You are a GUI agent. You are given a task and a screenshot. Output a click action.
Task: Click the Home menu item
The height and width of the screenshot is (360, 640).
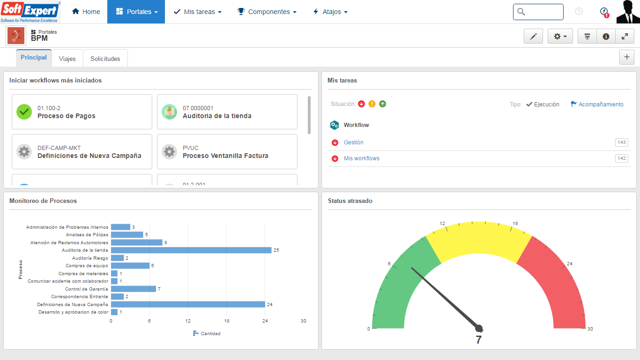pyautogui.click(x=86, y=12)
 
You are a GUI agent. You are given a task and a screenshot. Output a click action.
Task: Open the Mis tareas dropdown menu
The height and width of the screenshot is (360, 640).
pyautogui.click(x=197, y=12)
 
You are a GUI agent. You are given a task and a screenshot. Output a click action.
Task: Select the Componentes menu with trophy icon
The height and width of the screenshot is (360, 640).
pyautogui.click(x=267, y=12)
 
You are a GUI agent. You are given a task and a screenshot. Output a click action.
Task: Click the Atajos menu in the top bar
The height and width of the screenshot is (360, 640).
pyautogui.click(x=330, y=12)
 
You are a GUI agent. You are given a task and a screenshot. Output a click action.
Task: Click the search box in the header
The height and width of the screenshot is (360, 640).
pyautogui.click(x=538, y=12)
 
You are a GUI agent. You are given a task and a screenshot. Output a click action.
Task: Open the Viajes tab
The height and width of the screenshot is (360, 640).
pyautogui.click(x=67, y=59)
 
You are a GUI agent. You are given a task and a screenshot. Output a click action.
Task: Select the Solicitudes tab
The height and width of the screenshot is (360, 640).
pyautogui.click(x=105, y=59)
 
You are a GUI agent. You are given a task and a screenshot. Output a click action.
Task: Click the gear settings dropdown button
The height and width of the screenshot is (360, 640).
pyautogui.click(x=560, y=36)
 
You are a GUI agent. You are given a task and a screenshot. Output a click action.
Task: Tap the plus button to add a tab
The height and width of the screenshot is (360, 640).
pyautogui.click(x=626, y=57)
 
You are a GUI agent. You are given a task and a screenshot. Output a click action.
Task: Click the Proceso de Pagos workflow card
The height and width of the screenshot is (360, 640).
pyautogui.click(x=82, y=112)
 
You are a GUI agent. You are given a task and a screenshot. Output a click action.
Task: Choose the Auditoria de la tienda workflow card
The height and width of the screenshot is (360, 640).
pyautogui.click(x=227, y=112)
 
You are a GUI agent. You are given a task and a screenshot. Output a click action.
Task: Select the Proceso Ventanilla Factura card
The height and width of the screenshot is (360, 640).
pyautogui.click(x=227, y=152)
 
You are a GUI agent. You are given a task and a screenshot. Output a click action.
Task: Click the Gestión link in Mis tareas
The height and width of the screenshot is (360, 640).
pyautogui.click(x=354, y=142)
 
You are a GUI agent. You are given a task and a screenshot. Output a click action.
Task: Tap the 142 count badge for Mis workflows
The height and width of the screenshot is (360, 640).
pyautogui.click(x=621, y=158)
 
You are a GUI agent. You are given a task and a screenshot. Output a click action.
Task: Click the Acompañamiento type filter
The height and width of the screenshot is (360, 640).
pyautogui.click(x=597, y=105)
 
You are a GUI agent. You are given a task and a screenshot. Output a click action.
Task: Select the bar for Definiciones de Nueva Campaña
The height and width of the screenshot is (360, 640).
pyautogui.click(x=187, y=304)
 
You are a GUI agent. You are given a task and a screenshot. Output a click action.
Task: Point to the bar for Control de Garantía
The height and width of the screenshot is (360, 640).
pyautogui.click(x=133, y=289)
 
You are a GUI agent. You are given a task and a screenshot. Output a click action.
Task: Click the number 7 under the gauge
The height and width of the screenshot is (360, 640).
pyautogui.click(x=478, y=340)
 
